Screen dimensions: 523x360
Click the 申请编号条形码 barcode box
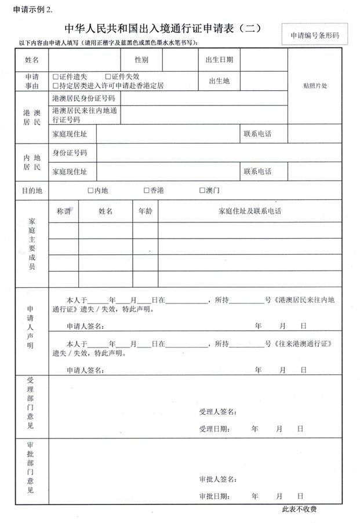314,35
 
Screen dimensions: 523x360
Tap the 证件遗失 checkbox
55,76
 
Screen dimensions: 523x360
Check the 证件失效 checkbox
108,76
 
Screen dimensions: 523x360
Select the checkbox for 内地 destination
90,190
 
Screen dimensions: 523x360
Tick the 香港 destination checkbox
146,190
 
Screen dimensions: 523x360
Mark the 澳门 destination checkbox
202,190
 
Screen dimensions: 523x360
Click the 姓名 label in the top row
32,60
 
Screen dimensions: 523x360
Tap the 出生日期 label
219,60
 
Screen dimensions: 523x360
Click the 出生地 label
219,81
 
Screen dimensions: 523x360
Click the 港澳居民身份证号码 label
83,98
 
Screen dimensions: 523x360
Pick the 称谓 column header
63,211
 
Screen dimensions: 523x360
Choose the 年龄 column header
144,211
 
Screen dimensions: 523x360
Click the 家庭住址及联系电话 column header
250,211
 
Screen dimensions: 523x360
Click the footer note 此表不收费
299,510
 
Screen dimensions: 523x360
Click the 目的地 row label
32,190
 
